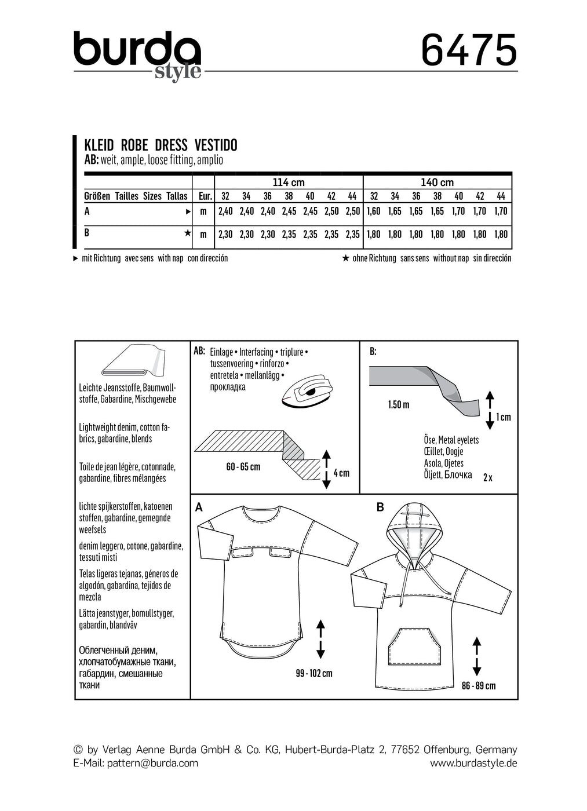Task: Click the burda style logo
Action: coord(137,56)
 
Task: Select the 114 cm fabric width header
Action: coord(288,182)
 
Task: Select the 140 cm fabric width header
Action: coord(437,182)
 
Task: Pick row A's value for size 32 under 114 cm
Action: coord(225,211)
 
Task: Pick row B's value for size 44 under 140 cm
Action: coord(501,234)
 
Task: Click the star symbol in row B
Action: coord(187,233)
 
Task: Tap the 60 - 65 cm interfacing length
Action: coord(243,467)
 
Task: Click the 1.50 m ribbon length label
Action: coord(399,404)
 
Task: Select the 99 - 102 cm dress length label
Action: coord(313,673)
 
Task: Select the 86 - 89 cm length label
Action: coord(479,685)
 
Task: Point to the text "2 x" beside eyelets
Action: coord(487,477)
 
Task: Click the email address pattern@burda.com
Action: coord(152,763)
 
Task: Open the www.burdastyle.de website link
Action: coord(473,763)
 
